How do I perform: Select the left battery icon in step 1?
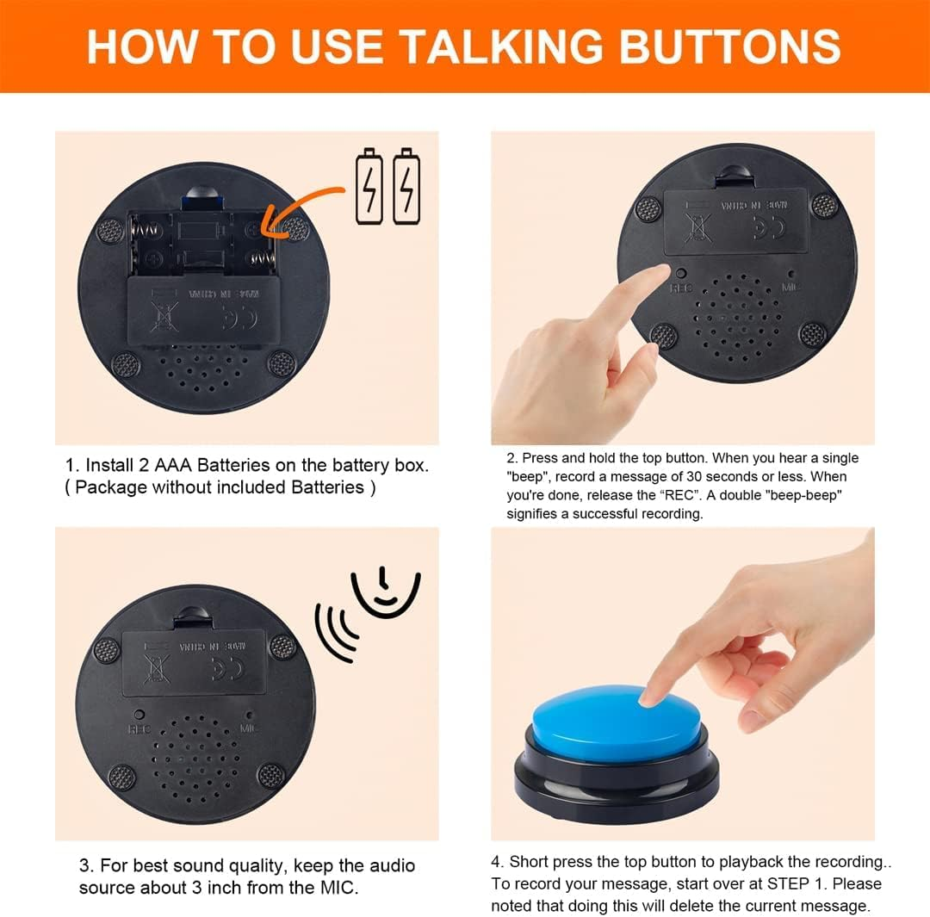pos(369,186)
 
